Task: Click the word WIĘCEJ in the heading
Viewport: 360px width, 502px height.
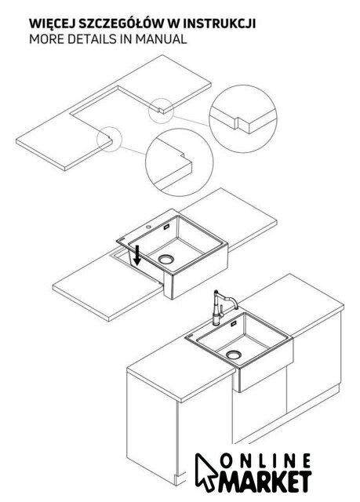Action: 53,24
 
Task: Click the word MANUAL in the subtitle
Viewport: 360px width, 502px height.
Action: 161,39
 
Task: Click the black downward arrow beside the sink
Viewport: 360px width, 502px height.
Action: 137,256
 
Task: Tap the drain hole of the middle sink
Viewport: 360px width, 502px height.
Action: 166,259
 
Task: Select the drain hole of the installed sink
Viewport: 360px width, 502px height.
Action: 234,355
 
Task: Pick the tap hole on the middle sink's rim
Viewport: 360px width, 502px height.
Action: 148,227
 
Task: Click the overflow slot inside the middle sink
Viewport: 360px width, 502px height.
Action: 167,227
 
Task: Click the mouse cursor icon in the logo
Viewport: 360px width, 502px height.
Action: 205,471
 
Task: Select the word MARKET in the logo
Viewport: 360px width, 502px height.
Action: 265,481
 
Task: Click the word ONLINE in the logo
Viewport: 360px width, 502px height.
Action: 266,460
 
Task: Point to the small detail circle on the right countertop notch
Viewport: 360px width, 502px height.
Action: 161,111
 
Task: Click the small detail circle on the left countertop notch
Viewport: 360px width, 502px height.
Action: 110,139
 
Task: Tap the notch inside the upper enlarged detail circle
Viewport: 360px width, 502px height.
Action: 238,123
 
